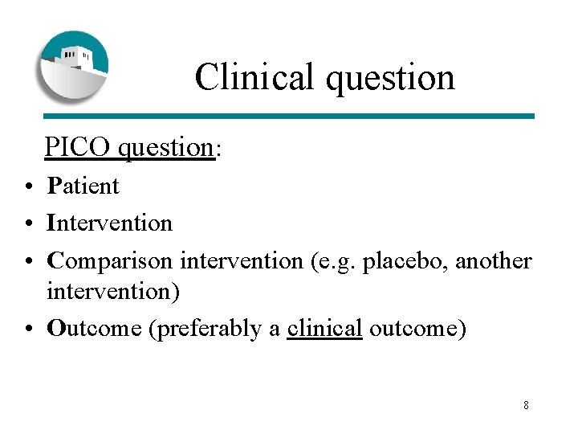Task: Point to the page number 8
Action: pos(526,405)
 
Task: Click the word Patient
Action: pos(83,186)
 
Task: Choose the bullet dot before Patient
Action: pos(27,187)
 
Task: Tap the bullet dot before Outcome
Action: pos(27,330)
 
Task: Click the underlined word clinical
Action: pos(324,328)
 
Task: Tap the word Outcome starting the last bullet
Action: pos(95,328)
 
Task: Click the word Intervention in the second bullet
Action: pos(110,222)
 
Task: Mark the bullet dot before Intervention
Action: pos(27,223)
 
